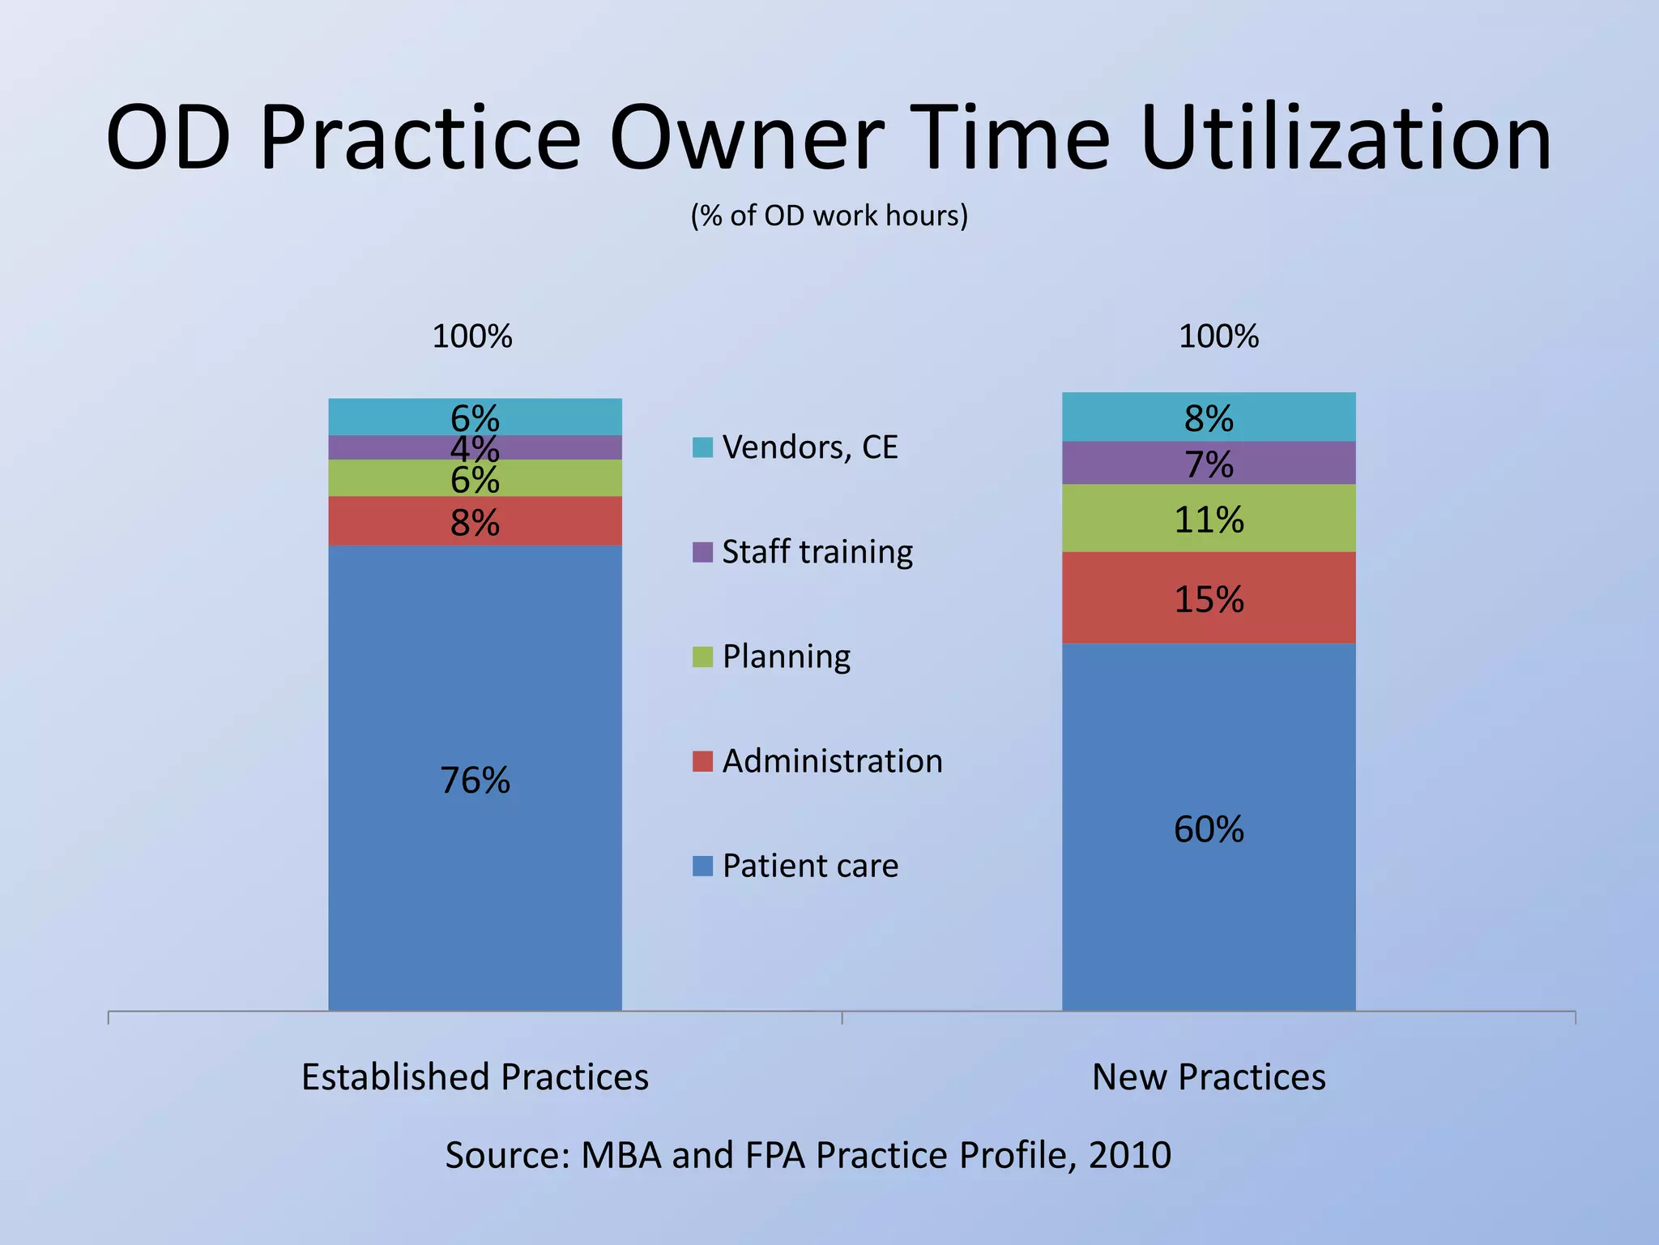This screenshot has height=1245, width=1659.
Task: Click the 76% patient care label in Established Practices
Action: click(x=475, y=781)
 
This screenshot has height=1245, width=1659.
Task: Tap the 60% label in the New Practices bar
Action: click(x=1209, y=829)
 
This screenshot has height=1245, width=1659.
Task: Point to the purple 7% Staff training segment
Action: click(x=1209, y=464)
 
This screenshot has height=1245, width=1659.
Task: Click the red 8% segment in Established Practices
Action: click(x=475, y=522)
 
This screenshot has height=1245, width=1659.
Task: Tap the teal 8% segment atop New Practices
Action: click(x=1209, y=418)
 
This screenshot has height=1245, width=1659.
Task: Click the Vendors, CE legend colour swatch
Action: click(x=702, y=447)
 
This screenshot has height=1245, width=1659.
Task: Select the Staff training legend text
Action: click(x=817, y=552)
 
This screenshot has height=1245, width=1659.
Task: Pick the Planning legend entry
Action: click(x=786, y=657)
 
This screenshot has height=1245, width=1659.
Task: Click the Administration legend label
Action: click(x=832, y=761)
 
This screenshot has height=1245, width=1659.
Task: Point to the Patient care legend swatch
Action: click(x=702, y=866)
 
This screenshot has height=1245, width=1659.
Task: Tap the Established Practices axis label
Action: click(x=475, y=1077)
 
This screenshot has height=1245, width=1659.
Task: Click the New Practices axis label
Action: click(x=1209, y=1077)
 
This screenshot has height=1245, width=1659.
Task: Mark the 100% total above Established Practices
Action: click(x=472, y=336)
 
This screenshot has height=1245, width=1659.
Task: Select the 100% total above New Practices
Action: click(x=1218, y=336)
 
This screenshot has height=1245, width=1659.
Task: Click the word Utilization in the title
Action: click(x=1346, y=138)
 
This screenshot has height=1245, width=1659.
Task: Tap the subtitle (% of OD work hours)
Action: click(x=829, y=216)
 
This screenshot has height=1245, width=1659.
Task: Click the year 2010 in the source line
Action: click(x=1130, y=1155)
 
